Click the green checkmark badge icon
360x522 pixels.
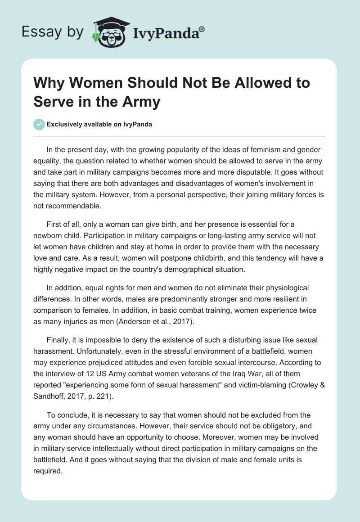pyautogui.click(x=40, y=124)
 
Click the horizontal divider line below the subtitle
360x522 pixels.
pyautogui.click(x=180, y=136)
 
